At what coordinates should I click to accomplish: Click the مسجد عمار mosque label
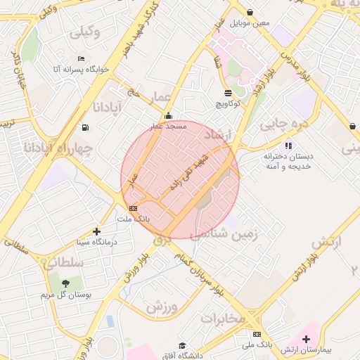pos(167,126)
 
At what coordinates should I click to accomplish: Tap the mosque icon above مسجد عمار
pos(167,116)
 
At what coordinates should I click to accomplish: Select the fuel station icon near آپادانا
pos(85,127)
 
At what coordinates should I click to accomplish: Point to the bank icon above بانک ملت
pos(133,208)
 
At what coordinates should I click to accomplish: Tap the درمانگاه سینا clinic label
pos(96,242)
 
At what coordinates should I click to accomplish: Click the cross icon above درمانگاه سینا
pos(96,231)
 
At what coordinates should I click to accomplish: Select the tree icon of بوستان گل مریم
pos(65,283)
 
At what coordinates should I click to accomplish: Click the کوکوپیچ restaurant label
pos(229,103)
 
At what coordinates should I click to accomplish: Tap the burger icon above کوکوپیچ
pos(229,93)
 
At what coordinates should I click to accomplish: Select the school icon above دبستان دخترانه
pos(288,146)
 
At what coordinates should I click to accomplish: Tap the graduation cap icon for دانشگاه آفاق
pos(182,346)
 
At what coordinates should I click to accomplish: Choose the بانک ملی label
pos(257,345)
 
